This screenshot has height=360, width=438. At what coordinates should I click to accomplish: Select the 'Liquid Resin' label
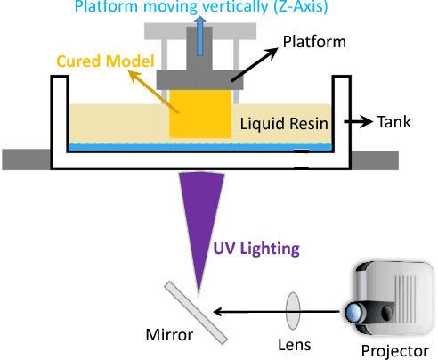click(x=284, y=121)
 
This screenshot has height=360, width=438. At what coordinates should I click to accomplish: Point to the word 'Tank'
click(x=394, y=120)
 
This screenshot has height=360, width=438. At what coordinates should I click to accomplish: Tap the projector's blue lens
click(x=354, y=312)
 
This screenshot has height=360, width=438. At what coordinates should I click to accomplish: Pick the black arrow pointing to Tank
click(x=358, y=120)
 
